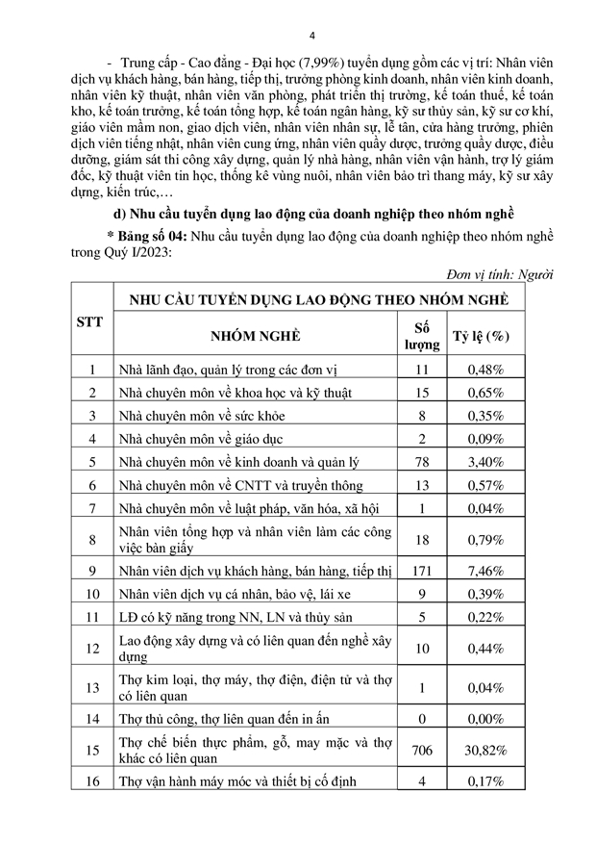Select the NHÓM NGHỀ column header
tap(252, 336)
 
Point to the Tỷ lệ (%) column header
tap(481, 336)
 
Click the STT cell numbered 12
tap(91, 649)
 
